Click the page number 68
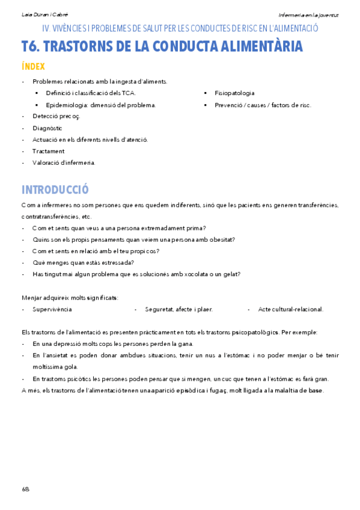point(25,489)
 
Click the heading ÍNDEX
point(33,66)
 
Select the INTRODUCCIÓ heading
point(55,189)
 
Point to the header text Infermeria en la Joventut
point(308,14)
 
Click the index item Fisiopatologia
point(234,93)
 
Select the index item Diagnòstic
point(47,128)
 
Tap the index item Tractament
point(49,151)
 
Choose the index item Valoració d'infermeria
point(64,162)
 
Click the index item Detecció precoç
point(56,116)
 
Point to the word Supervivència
point(52,309)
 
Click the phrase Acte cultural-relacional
point(291,309)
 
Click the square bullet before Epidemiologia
point(37,105)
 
